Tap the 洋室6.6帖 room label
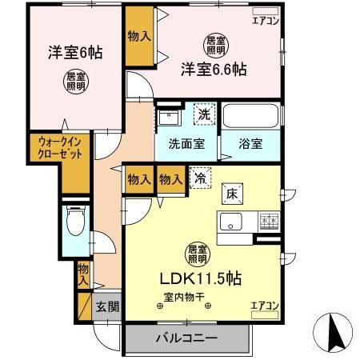coord(212,69)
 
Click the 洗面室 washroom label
coord(185,145)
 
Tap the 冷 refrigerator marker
coord(197,180)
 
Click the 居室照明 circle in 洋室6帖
coord(75,80)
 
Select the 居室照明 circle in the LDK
coord(194,254)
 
